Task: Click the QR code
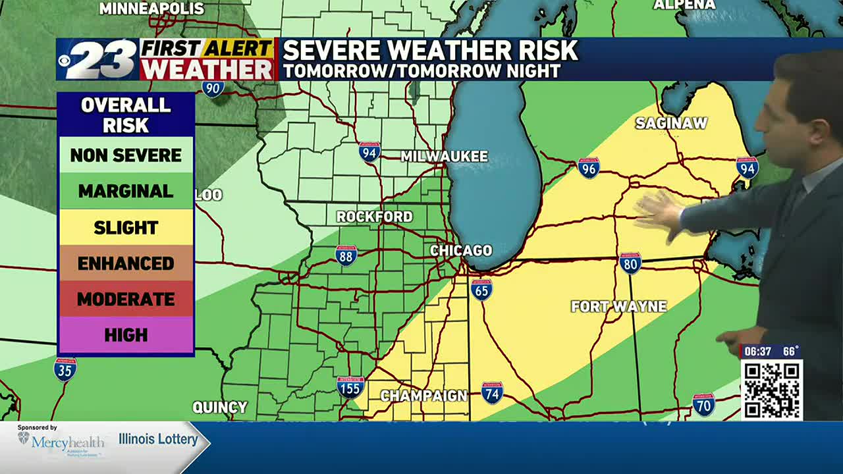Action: (x=771, y=390)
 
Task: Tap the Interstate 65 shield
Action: (x=481, y=289)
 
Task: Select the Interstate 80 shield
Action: (x=630, y=263)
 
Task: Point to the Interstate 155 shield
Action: (x=350, y=387)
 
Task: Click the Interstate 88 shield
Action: (x=346, y=255)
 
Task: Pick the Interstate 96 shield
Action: (x=589, y=168)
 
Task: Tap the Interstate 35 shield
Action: (x=65, y=369)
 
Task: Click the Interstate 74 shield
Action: (x=492, y=392)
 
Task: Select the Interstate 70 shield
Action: (x=703, y=404)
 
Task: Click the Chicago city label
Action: (x=461, y=250)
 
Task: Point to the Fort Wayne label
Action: (x=618, y=306)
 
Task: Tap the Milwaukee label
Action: (x=445, y=156)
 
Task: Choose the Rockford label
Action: (x=374, y=217)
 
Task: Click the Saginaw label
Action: (x=671, y=123)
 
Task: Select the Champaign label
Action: (x=423, y=396)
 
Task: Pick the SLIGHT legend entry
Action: (x=126, y=228)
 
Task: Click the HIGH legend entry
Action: (x=126, y=335)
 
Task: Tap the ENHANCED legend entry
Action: (x=126, y=263)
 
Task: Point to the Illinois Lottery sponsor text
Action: (x=158, y=439)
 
